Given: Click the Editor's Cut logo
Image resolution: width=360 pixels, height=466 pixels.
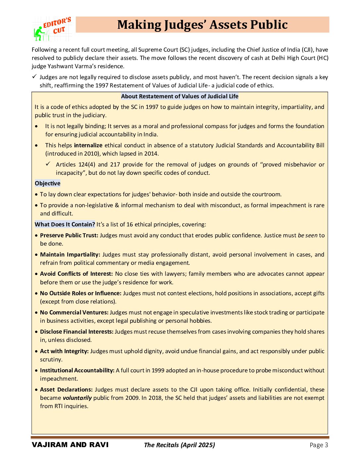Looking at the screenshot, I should tap(52, 29).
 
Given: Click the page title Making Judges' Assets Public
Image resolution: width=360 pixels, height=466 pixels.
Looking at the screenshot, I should tap(202, 25).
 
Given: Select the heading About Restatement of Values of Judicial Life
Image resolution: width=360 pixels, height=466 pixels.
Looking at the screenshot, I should tap(180, 96).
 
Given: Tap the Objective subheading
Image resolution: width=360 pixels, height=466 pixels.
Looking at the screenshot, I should tap(48, 183).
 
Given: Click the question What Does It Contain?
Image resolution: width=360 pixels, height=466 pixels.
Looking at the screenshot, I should tap(65, 224).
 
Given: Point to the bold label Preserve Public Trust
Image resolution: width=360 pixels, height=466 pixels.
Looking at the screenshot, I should tap(69, 235).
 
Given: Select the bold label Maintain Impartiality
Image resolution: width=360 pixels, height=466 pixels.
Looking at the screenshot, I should tap(70, 255).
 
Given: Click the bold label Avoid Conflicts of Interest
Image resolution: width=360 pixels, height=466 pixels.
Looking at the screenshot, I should tap(76, 274).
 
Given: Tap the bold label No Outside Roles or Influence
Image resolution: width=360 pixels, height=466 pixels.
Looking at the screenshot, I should tap(81, 293).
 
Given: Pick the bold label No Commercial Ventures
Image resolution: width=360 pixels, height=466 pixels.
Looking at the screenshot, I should tap(74, 312).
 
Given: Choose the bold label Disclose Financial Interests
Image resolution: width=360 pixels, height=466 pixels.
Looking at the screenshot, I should tap(77, 332).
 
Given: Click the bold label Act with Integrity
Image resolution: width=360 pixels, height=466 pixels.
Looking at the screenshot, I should tap(64, 351).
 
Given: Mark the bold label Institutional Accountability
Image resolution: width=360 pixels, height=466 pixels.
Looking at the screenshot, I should tap(77, 370).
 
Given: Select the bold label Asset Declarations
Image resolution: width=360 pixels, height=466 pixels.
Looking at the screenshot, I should tap(66, 390).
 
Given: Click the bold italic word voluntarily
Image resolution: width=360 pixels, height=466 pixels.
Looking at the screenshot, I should tap(77, 398).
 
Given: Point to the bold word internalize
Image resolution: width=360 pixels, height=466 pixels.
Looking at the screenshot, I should tap(88, 145).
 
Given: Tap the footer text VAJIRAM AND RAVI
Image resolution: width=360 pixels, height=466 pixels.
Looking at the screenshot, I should tap(70, 445).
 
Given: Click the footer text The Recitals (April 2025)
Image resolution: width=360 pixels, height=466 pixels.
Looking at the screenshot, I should tap(179, 445).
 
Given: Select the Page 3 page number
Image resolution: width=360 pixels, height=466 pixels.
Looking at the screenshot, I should tap(319, 445).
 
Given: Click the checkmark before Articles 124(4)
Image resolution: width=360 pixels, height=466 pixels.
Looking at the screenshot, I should tap(48, 164).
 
